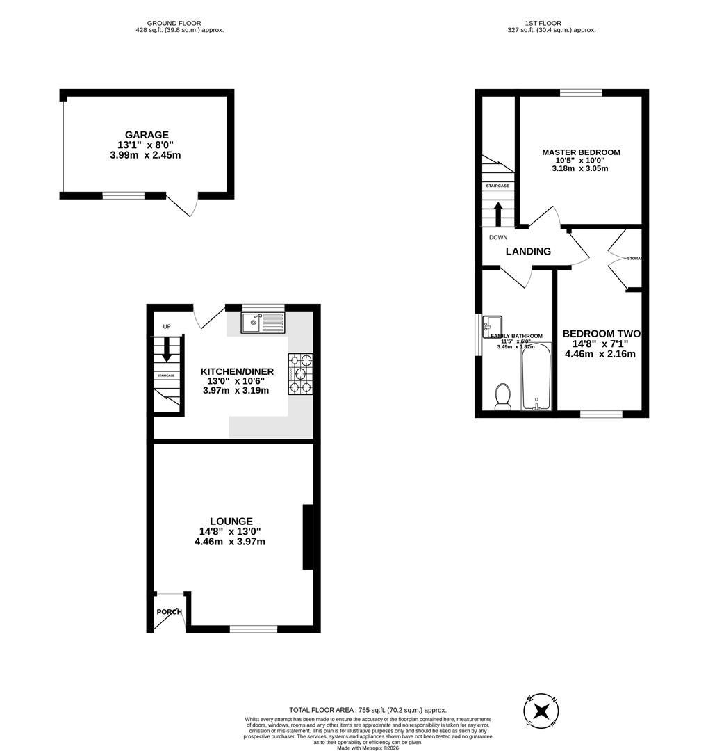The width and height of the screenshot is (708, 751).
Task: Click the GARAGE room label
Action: coord(147,135)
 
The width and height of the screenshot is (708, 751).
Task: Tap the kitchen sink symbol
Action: coord(263,322)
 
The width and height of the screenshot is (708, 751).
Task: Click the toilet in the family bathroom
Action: coord(502,396)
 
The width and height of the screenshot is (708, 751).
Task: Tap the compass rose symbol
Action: coord(541,711)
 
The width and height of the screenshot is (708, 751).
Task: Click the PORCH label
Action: coord(169,612)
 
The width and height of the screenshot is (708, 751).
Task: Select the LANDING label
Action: coord(528,252)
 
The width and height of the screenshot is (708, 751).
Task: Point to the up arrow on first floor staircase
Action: coord(497,213)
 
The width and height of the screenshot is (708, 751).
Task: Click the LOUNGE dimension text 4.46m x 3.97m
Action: coord(230,542)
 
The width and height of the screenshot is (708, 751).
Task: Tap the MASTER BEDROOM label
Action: coord(581,152)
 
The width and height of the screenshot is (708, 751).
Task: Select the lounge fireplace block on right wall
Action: coord(307,538)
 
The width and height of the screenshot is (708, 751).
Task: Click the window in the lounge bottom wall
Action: coord(253,629)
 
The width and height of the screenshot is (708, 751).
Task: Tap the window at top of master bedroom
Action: coord(581,92)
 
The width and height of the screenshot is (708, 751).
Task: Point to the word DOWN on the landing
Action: coord(498,237)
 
